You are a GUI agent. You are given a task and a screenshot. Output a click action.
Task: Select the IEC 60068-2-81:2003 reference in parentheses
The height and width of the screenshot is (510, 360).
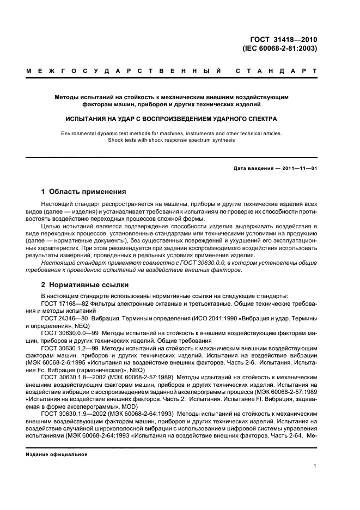click(x=279, y=47)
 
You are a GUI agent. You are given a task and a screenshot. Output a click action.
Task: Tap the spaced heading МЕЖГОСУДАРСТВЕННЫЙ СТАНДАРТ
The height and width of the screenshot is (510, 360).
click(x=172, y=71)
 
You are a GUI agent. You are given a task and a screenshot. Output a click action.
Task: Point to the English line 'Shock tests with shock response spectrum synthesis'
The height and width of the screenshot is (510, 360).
click(x=172, y=139)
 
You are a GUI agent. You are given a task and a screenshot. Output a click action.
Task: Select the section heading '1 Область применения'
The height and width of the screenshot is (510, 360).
click(x=84, y=192)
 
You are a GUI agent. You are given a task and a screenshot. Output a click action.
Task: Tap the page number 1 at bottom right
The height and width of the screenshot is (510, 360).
click(x=315, y=465)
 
